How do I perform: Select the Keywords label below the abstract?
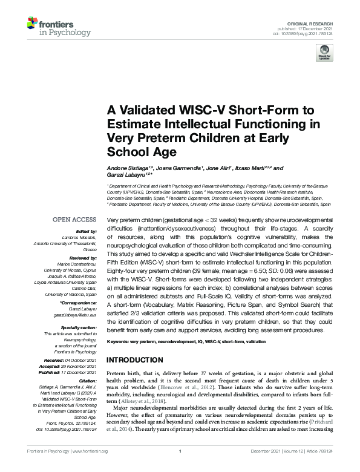click(x=120, y=342)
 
